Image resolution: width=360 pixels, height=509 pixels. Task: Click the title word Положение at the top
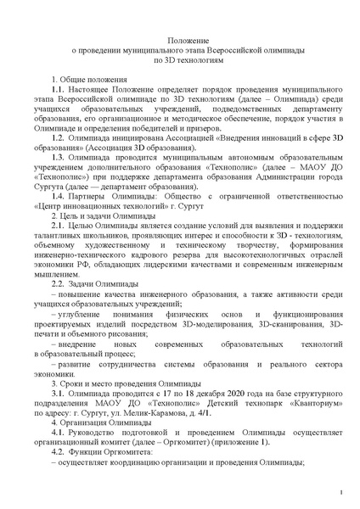coord(180,40)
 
